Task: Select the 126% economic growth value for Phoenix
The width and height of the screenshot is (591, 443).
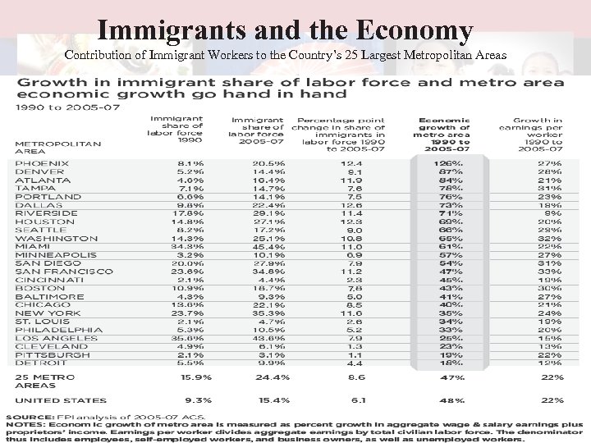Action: tap(447, 162)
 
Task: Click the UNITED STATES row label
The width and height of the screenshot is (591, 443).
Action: tap(61, 400)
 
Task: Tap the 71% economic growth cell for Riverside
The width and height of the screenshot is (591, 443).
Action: tap(447, 212)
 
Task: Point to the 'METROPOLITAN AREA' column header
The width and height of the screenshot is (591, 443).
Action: tap(57, 147)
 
